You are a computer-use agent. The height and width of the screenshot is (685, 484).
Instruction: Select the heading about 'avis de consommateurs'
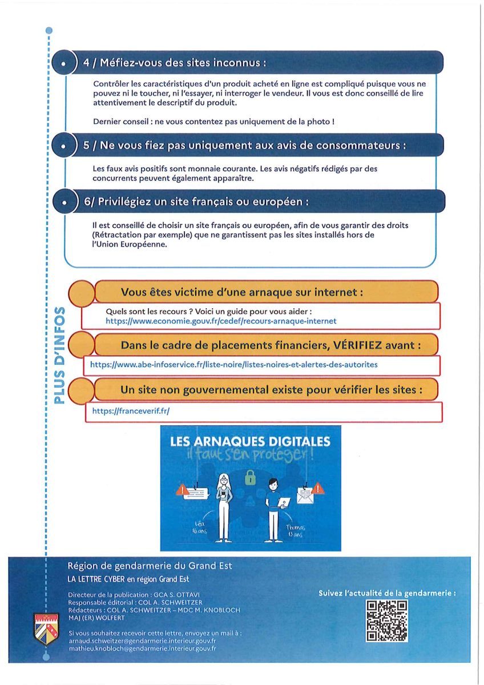click(244, 146)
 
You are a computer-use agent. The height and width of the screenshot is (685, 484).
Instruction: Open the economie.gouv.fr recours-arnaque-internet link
click(221, 321)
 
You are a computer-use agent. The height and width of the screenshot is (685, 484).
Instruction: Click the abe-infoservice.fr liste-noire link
click(233, 364)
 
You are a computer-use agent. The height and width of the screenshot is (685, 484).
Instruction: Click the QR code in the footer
click(386, 620)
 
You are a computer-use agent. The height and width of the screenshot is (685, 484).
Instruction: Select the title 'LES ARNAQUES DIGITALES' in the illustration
click(251, 441)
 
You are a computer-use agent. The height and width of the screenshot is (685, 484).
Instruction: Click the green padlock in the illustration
click(250, 479)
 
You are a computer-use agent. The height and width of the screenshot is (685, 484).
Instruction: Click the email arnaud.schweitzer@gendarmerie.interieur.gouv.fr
click(142, 641)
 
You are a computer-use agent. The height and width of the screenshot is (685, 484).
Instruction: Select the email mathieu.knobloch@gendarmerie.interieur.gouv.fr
click(142, 649)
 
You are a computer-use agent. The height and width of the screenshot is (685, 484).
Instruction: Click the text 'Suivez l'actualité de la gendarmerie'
click(387, 593)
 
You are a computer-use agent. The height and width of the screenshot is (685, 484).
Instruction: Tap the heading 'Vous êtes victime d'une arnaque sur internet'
click(242, 292)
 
